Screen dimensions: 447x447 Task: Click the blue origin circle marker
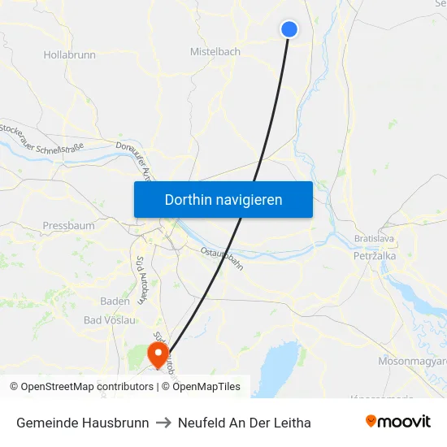(289, 29)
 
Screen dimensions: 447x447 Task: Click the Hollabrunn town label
(69, 55)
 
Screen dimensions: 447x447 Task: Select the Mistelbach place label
(215, 51)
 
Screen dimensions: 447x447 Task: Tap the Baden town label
(115, 301)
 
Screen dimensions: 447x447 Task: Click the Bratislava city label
(375, 239)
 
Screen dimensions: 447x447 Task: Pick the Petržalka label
(375, 256)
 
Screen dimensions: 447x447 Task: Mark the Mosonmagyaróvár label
(413, 360)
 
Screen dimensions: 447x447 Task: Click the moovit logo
(397, 422)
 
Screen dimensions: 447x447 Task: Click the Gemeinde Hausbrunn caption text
(82, 423)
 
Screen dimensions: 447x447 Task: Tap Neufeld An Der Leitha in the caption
(244, 423)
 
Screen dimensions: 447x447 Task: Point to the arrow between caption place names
(163, 423)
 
